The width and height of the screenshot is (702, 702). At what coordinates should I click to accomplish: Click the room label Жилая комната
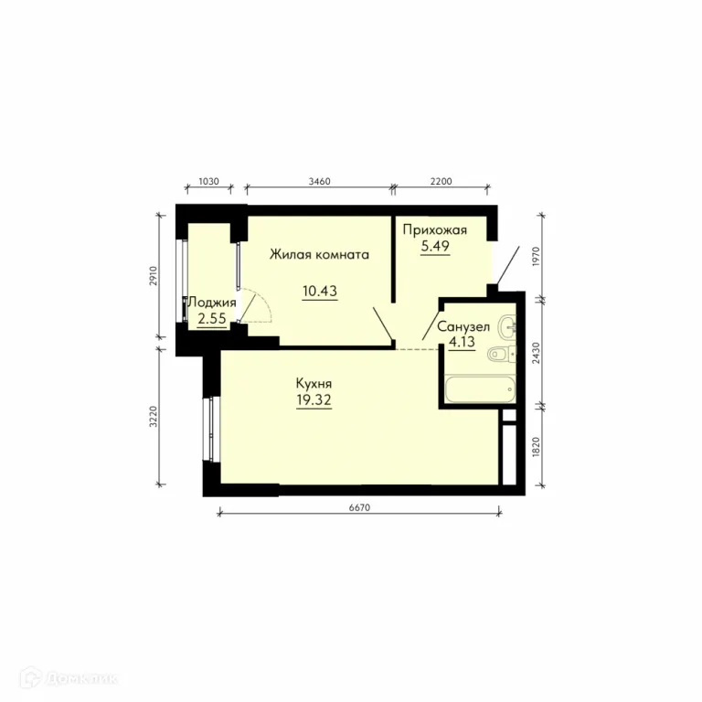(x=319, y=254)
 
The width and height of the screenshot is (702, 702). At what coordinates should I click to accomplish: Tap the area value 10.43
(x=320, y=291)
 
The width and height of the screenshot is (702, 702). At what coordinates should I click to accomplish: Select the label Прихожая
(x=435, y=230)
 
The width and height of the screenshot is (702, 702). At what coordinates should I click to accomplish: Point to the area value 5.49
(x=435, y=246)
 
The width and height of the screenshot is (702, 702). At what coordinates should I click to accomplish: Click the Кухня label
(x=314, y=384)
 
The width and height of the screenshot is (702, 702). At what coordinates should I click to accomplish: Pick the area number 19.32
(x=314, y=399)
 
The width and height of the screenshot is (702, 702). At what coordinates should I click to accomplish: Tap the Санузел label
(x=463, y=327)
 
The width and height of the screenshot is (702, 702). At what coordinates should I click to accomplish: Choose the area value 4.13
(x=462, y=342)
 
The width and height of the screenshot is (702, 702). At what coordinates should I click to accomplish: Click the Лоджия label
(x=212, y=303)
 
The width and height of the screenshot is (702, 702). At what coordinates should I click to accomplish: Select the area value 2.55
(x=212, y=318)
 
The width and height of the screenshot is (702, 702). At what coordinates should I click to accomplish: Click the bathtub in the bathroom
(x=480, y=389)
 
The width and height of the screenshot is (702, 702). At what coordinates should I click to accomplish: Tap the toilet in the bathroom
(x=502, y=354)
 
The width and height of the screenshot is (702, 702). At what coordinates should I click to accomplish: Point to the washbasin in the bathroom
(x=507, y=327)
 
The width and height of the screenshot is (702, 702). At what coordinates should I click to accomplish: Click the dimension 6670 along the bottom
(x=359, y=507)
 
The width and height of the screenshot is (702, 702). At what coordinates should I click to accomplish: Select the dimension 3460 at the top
(x=320, y=181)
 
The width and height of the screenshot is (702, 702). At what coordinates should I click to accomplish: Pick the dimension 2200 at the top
(x=441, y=181)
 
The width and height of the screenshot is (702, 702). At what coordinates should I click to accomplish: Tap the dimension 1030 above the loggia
(x=208, y=181)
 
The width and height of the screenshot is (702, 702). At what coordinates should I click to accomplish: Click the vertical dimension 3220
(x=154, y=417)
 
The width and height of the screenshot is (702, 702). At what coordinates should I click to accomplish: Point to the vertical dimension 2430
(x=537, y=353)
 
